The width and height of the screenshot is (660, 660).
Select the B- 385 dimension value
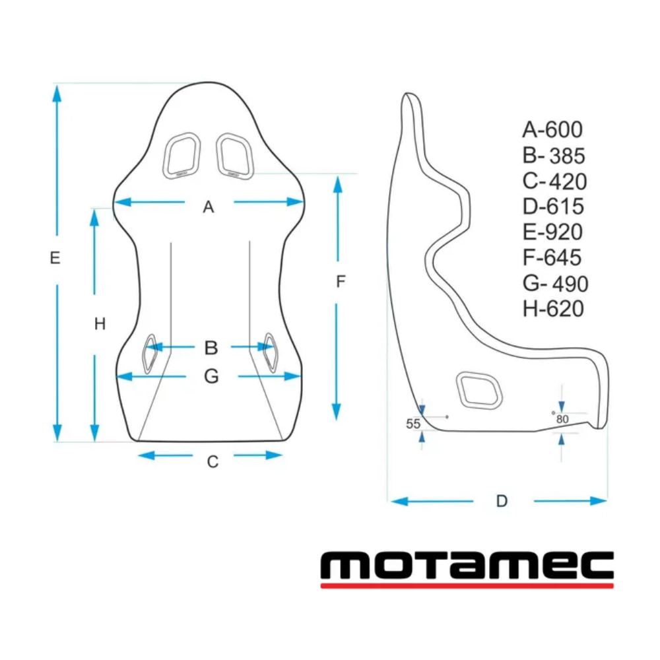pos(553,156)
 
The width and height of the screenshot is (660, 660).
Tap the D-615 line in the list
pos(553,207)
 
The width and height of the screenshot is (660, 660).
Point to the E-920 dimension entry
pos(552,232)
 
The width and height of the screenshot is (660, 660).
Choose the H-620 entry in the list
pos(553,309)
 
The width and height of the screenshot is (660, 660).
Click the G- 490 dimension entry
pos(554,284)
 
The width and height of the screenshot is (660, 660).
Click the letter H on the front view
pos(100,323)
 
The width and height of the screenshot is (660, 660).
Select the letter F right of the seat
pos(341,282)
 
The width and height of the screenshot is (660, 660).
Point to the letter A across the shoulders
pos(209,208)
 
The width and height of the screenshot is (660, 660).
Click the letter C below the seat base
pos(213,462)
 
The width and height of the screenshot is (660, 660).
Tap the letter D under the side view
pos(502,501)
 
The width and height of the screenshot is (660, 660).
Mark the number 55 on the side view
pos(413,424)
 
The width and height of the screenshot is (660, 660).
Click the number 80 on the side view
pos(562,419)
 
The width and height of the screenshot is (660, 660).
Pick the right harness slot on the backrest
pos(236,155)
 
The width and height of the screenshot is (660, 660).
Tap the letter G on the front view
pos(211,376)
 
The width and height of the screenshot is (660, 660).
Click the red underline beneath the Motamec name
pos(467,585)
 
